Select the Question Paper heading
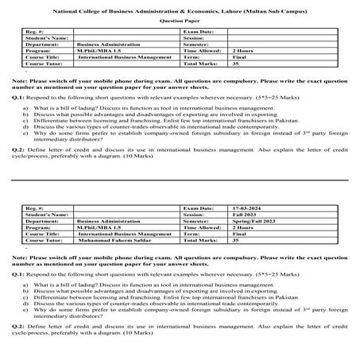179,21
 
